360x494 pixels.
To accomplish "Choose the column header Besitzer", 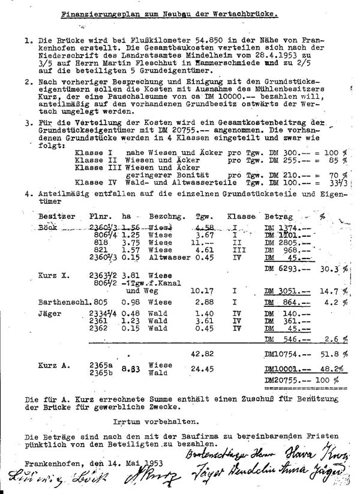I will (56, 215).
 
